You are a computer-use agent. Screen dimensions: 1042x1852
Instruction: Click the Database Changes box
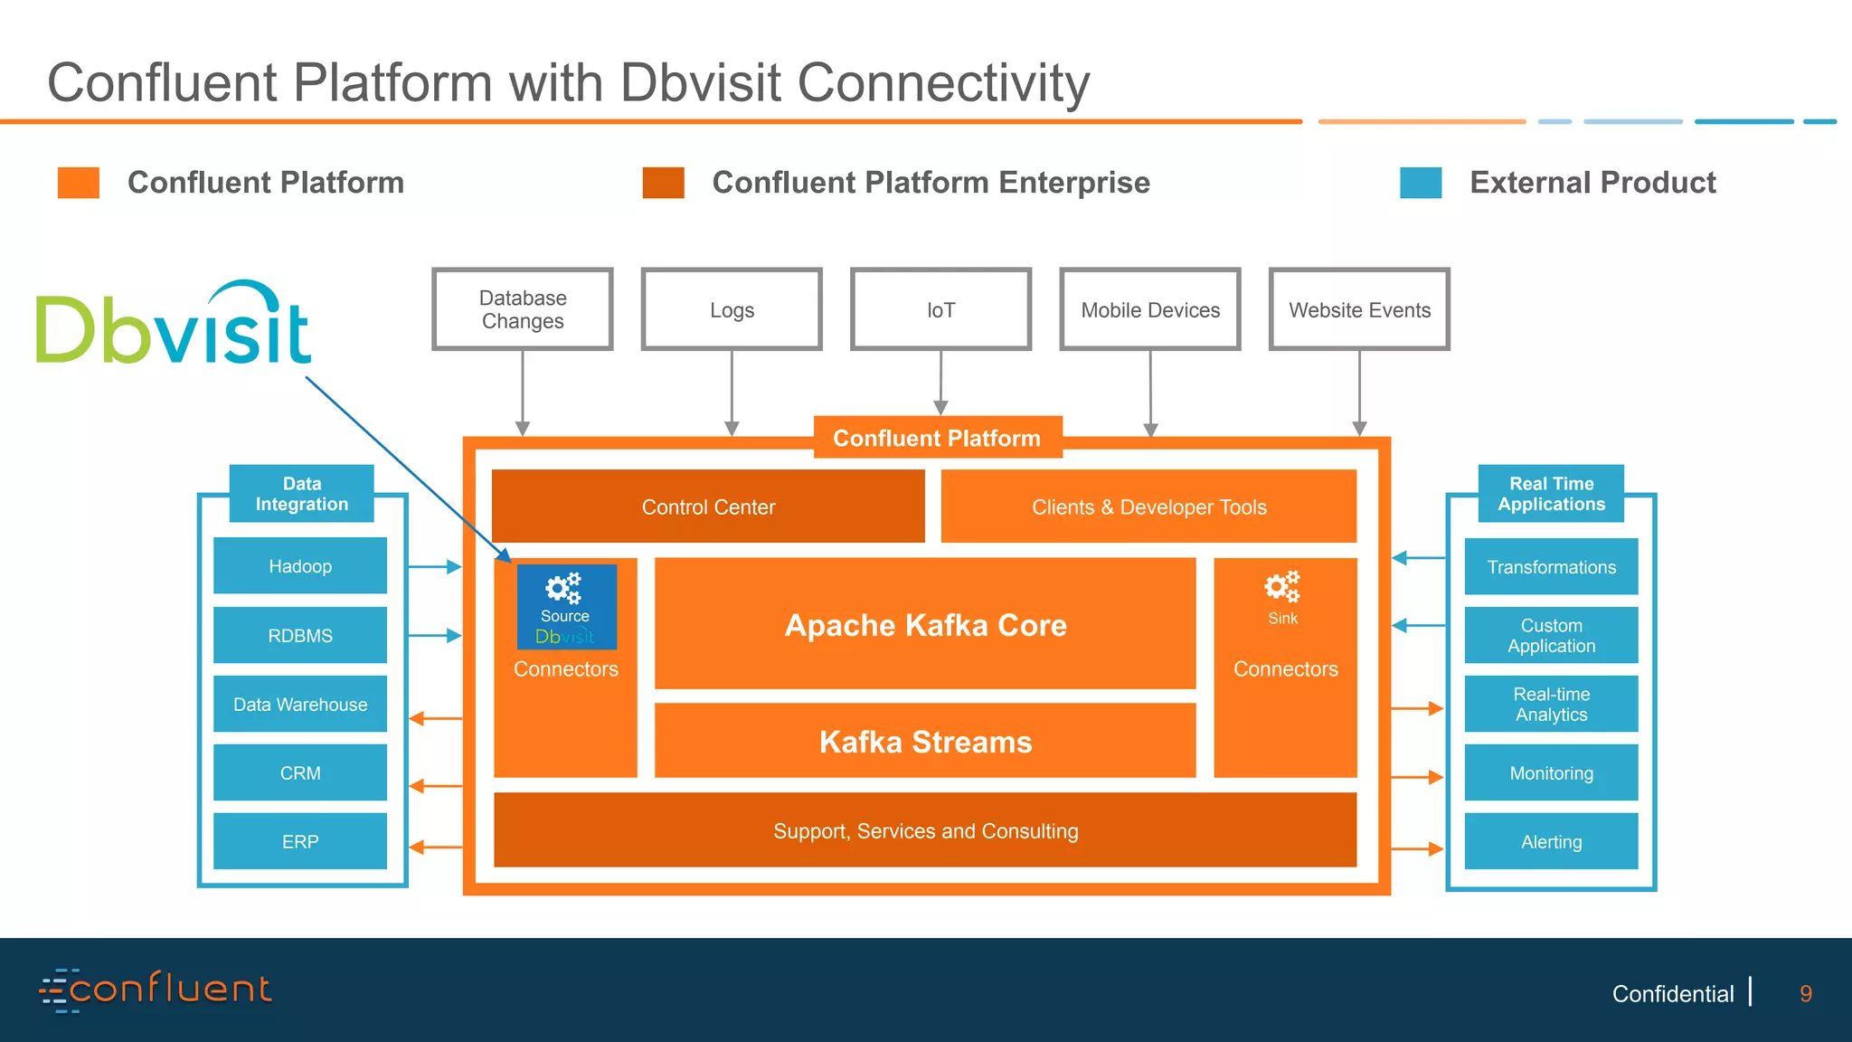(x=523, y=309)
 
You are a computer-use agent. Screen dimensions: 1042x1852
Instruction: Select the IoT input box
(x=940, y=309)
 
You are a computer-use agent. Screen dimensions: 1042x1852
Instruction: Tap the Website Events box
(x=1359, y=309)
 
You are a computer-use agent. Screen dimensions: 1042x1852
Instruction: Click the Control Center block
(x=708, y=507)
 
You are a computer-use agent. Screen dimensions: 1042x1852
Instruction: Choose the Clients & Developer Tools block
(x=1148, y=507)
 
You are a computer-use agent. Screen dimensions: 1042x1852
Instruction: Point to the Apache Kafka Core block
(x=925, y=624)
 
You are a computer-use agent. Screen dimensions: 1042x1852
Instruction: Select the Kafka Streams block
(x=925, y=741)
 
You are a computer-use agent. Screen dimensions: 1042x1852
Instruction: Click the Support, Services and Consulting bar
(x=925, y=830)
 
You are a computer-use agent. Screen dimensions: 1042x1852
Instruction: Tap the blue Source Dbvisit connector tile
(x=566, y=607)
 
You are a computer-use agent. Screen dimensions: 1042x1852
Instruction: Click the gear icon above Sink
(x=1282, y=588)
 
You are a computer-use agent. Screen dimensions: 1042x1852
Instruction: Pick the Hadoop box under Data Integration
(x=300, y=566)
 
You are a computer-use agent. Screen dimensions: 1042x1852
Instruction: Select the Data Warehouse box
(x=300, y=704)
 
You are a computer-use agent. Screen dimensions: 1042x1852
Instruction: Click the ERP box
(x=300, y=841)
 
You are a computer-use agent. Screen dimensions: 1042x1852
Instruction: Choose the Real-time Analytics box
(x=1551, y=704)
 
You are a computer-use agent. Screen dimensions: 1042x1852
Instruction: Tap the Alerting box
(x=1551, y=841)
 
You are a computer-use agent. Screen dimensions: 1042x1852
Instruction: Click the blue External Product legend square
(x=1421, y=183)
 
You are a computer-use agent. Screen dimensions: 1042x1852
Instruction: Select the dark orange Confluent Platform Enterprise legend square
(x=663, y=183)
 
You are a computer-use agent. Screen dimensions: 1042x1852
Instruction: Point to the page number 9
(x=1805, y=994)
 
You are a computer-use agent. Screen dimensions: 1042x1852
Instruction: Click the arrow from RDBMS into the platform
(x=435, y=636)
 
